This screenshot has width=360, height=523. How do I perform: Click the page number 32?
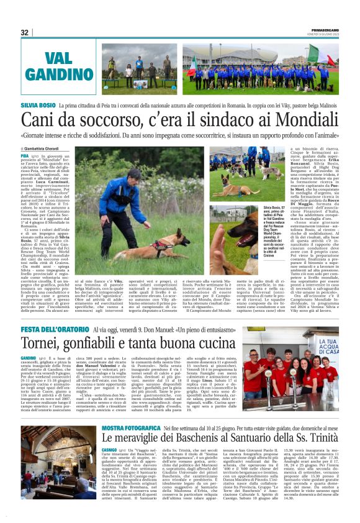click(25, 32)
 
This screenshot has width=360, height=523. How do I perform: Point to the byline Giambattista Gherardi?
click(44, 149)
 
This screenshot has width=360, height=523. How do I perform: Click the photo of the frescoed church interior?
click(56, 473)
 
